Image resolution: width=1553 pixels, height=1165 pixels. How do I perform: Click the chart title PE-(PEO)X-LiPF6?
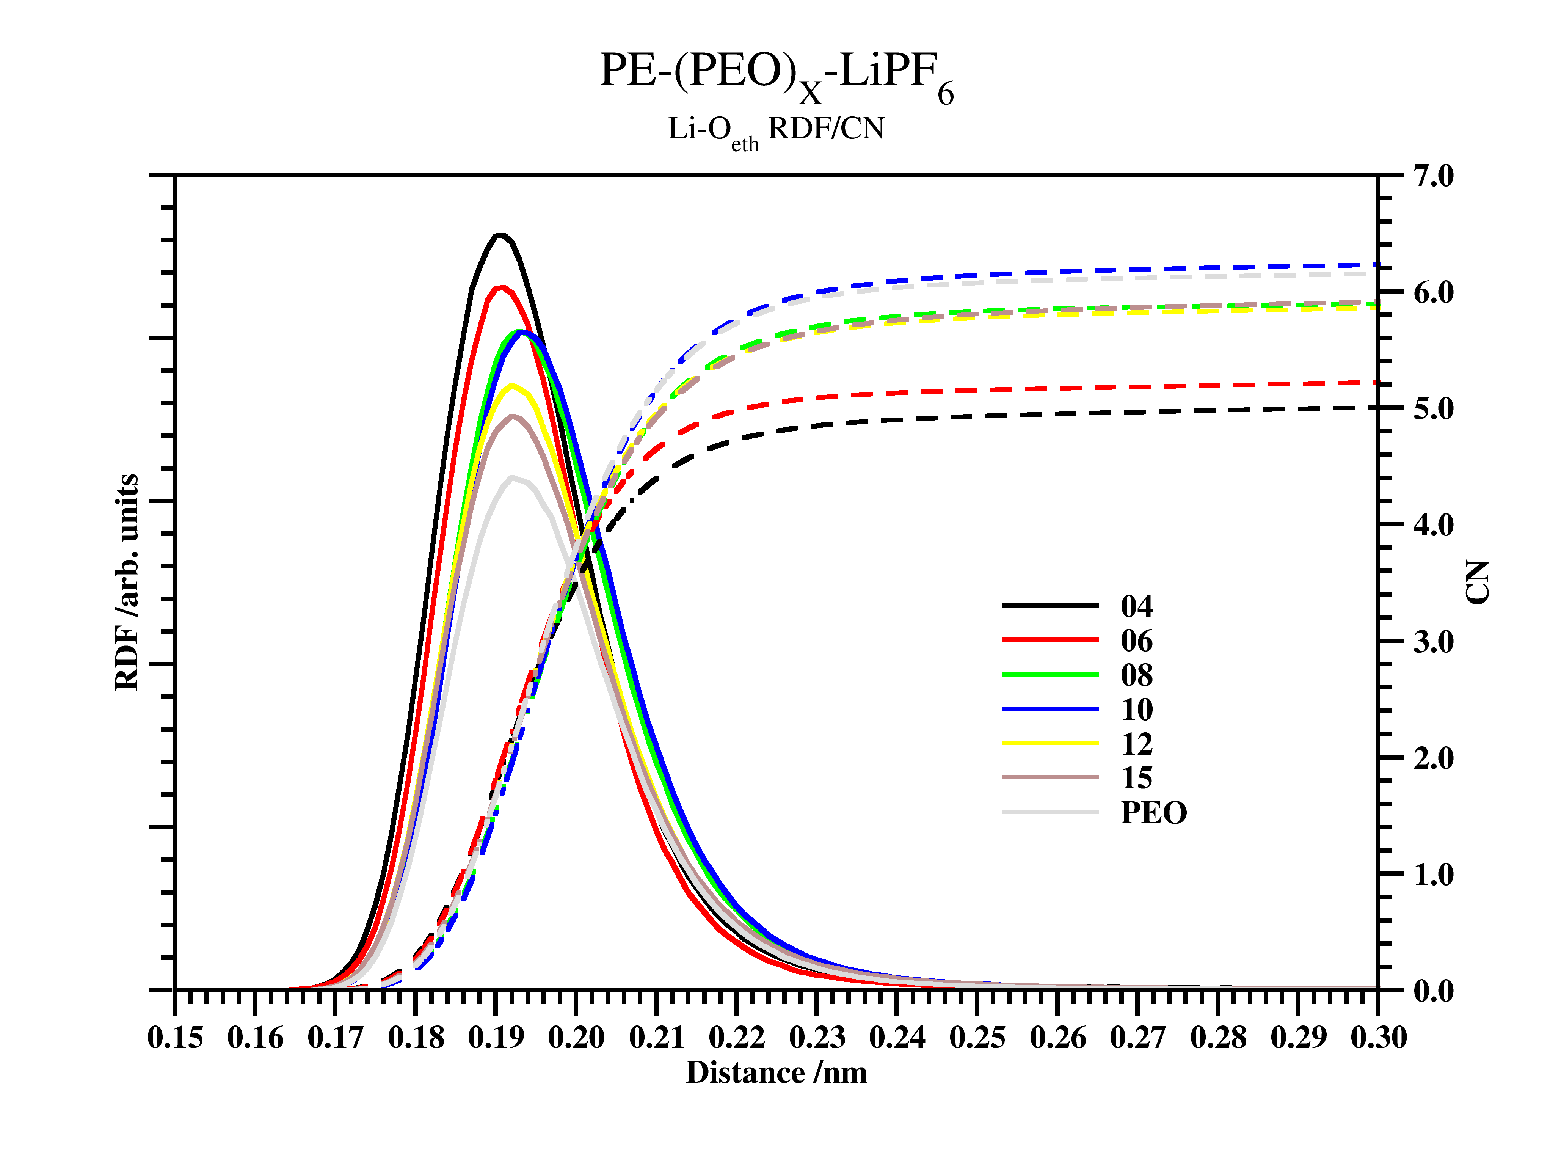point(776,76)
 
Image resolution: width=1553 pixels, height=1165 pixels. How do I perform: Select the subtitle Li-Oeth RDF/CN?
point(776,130)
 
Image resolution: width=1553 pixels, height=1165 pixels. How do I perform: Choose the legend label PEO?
point(1153,812)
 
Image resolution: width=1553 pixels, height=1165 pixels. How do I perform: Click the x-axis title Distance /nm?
point(776,1072)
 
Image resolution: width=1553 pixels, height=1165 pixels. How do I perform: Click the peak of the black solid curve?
point(500,235)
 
